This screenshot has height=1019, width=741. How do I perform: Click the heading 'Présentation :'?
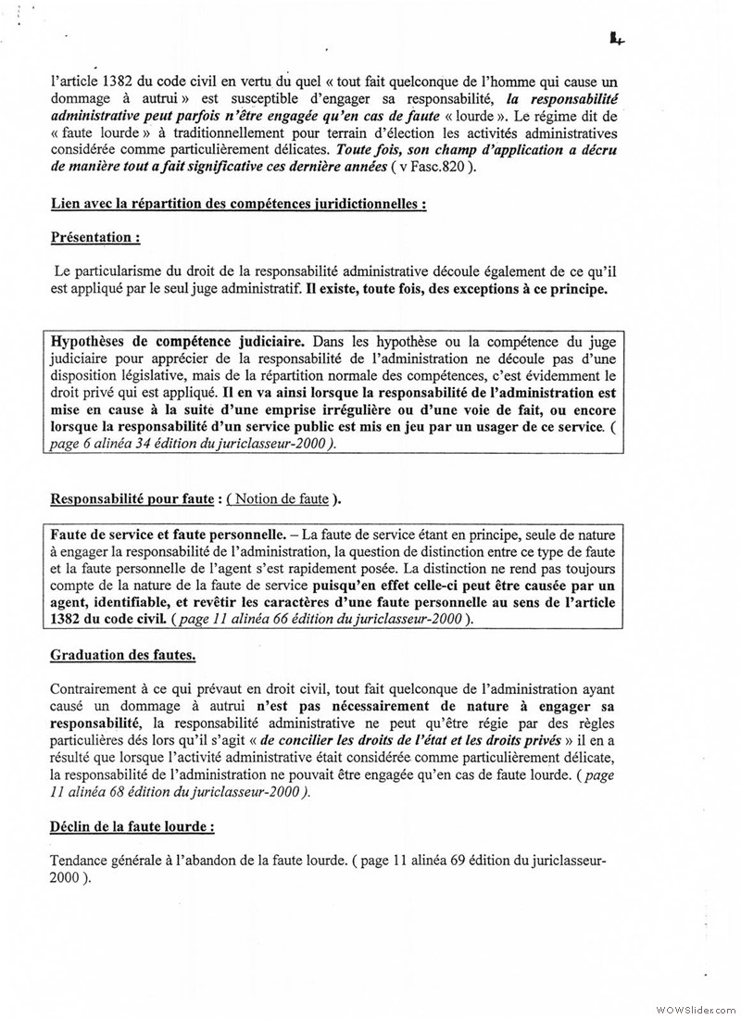(95, 237)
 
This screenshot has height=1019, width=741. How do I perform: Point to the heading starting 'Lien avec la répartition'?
(238, 203)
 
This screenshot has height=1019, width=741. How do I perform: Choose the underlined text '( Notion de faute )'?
(283, 500)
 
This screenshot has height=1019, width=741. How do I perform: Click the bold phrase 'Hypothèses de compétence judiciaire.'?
(175, 341)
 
